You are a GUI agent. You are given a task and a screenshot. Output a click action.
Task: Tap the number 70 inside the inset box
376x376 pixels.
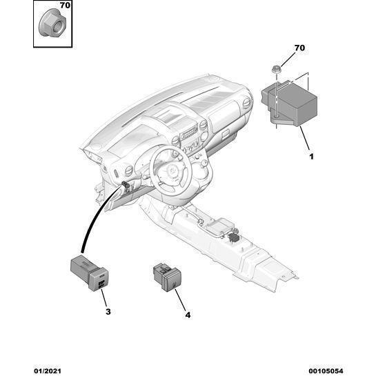(65, 6)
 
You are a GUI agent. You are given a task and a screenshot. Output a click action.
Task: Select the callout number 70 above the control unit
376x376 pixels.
(299, 48)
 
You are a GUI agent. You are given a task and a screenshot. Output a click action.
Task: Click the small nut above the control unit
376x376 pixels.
(276, 69)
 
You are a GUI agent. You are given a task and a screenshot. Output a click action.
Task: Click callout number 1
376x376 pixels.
(311, 157)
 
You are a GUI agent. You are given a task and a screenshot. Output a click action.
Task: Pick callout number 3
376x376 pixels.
(108, 312)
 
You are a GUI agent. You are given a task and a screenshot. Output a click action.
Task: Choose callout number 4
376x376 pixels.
(188, 315)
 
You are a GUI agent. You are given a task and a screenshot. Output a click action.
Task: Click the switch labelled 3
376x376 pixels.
(90, 273)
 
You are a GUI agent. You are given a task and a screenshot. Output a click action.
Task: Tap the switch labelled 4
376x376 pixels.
(167, 277)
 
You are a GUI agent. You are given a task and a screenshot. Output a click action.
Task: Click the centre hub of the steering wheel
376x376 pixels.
(172, 172)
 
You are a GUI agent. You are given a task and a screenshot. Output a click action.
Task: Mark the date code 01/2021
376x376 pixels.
(48, 371)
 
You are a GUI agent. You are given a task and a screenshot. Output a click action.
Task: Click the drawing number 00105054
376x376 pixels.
(326, 371)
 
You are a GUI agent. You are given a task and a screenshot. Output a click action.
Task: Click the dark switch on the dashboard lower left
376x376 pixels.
(125, 184)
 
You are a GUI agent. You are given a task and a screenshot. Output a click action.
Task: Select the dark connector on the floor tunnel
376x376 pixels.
(232, 237)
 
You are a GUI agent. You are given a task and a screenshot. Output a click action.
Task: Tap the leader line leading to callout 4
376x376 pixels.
(180, 299)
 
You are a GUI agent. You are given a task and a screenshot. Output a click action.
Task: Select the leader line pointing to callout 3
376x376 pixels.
(103, 298)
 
